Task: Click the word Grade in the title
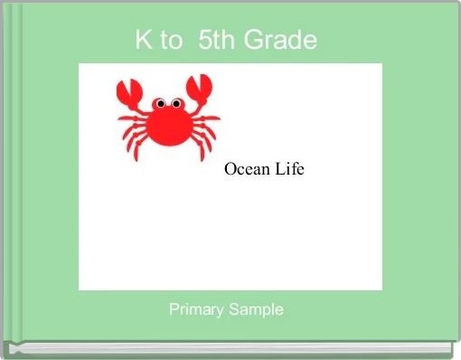(x=280, y=40)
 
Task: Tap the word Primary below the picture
(x=196, y=309)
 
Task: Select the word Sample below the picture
(x=256, y=309)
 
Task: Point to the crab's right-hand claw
(x=200, y=88)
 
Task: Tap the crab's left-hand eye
(x=160, y=104)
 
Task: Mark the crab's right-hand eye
(x=176, y=104)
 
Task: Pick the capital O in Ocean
(x=230, y=168)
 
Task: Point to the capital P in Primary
(x=174, y=309)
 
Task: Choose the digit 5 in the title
(x=204, y=40)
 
